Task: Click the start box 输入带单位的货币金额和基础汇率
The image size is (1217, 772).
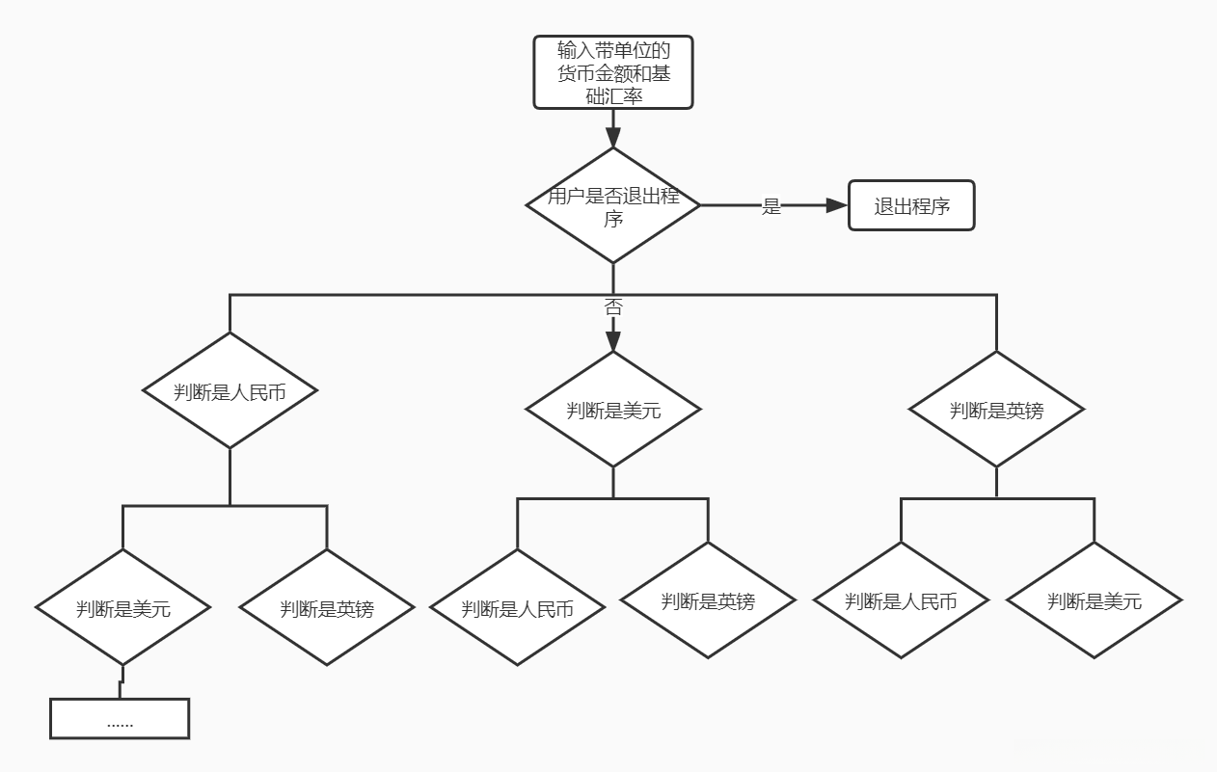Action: [x=613, y=72]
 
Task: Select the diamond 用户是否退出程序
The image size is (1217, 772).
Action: [x=613, y=205]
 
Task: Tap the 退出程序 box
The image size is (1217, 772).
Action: [x=911, y=205]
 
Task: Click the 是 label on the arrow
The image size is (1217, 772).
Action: [x=771, y=206]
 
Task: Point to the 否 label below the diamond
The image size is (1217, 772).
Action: [x=613, y=307]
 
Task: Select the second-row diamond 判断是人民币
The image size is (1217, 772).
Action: [x=230, y=391]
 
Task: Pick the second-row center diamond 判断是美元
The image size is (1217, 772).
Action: [x=613, y=410]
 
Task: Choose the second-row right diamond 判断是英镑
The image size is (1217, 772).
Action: [x=996, y=410]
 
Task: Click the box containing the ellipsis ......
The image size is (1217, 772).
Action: [x=120, y=719]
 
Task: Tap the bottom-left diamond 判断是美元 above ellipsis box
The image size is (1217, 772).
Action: [x=123, y=608]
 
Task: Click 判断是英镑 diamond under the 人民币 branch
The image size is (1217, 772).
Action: [x=327, y=608]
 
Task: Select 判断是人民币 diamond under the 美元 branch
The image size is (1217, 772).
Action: [x=517, y=608]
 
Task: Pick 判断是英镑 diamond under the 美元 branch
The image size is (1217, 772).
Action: [x=708, y=601]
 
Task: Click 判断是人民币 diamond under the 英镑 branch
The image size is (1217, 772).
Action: [x=901, y=601]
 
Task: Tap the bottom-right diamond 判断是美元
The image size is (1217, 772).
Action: [x=1095, y=601]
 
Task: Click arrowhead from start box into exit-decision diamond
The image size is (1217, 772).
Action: [x=613, y=137]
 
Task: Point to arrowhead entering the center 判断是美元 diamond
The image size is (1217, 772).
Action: [x=613, y=341]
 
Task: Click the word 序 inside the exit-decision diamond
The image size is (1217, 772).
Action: [x=613, y=219]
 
